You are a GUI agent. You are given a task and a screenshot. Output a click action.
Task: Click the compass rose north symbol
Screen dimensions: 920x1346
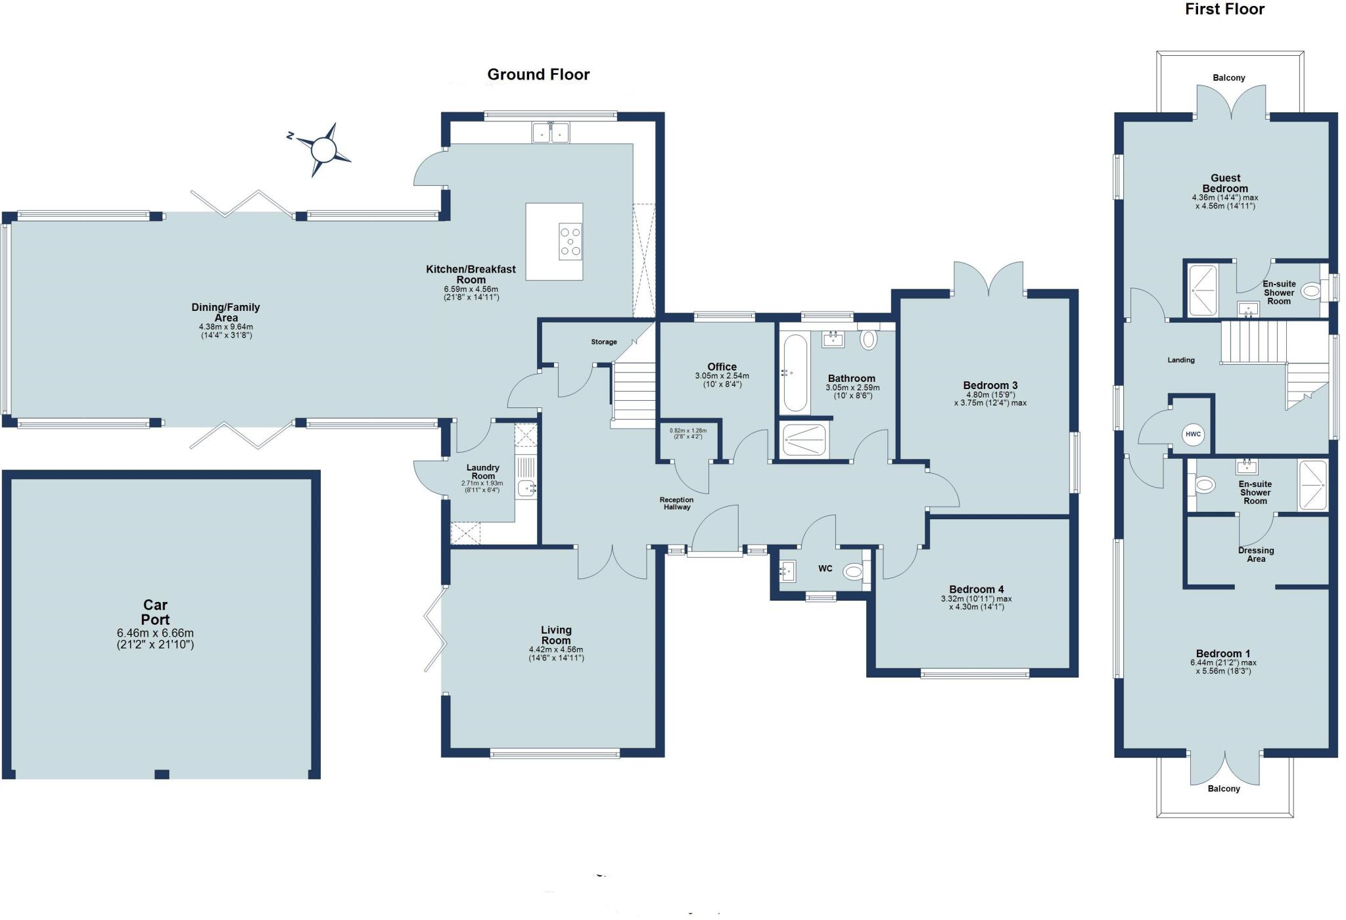[x=323, y=150]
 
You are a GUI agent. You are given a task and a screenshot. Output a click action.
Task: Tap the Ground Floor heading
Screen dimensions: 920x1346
[x=538, y=74]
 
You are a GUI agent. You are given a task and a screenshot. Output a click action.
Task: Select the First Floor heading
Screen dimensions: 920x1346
[x=1224, y=9]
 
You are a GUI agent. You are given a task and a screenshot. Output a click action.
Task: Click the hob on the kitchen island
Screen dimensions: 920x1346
[x=570, y=242]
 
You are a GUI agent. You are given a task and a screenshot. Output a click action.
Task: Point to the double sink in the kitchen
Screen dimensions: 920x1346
[x=550, y=133]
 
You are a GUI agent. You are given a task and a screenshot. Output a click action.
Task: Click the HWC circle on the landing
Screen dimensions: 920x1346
[x=1193, y=434]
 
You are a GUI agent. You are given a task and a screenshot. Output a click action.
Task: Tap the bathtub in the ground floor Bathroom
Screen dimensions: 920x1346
[x=795, y=373]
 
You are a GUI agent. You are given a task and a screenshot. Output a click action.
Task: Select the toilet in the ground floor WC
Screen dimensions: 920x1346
[x=853, y=572]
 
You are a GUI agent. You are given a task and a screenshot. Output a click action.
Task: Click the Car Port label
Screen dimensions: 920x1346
[x=156, y=612]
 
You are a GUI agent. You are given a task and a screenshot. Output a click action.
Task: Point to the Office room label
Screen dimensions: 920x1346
[x=722, y=367]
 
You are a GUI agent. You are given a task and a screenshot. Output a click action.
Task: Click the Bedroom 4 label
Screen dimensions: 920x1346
[x=976, y=589]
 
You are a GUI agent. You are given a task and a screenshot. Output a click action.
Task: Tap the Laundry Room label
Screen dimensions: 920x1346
[x=483, y=472]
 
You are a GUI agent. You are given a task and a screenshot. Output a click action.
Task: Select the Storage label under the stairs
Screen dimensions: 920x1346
[x=603, y=342]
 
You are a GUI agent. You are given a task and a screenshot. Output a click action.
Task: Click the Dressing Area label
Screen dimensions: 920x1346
[x=1255, y=555]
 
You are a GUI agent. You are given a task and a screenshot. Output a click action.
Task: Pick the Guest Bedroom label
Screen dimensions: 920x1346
[x=1225, y=183]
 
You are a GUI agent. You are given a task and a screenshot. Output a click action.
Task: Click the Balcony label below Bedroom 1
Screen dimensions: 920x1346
[x=1223, y=789]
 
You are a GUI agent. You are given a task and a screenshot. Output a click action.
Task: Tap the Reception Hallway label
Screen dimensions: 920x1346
[x=676, y=503]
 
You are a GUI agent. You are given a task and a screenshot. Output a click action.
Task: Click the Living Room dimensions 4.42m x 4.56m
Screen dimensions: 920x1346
[x=556, y=650]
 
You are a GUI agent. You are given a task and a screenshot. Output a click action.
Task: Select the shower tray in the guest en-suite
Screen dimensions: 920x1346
[x=1203, y=290]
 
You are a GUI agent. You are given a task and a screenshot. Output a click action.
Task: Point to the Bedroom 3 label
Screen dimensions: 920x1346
[x=990, y=385]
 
